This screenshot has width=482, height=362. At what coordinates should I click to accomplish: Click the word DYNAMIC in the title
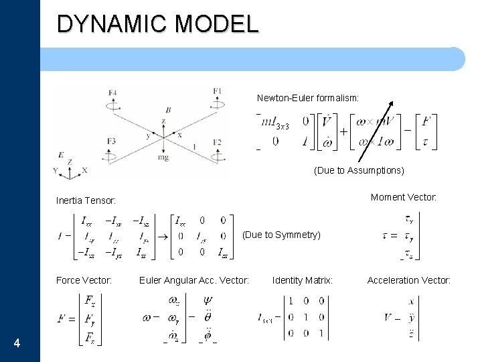110,23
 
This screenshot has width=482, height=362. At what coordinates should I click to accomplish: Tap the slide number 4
17,344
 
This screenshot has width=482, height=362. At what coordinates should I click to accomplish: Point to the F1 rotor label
218,91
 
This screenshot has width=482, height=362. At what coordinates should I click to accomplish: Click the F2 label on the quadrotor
217,142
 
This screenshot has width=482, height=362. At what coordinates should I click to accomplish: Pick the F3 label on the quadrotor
111,141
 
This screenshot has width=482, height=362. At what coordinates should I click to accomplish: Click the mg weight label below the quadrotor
163,157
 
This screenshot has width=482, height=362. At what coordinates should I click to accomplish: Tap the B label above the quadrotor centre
168,109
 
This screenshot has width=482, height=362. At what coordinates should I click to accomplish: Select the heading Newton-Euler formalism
308,98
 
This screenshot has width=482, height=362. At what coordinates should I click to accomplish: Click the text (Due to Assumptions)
359,170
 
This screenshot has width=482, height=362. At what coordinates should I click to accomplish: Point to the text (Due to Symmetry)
281,235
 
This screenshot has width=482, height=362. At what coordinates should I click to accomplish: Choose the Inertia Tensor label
86,200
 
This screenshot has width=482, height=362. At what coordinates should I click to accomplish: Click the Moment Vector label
404,197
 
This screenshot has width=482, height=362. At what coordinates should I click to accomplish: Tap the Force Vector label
84,280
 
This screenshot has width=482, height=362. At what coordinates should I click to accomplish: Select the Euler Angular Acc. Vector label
194,280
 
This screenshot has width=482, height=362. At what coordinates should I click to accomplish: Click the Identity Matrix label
303,280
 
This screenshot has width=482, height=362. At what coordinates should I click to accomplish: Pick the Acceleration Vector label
408,280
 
